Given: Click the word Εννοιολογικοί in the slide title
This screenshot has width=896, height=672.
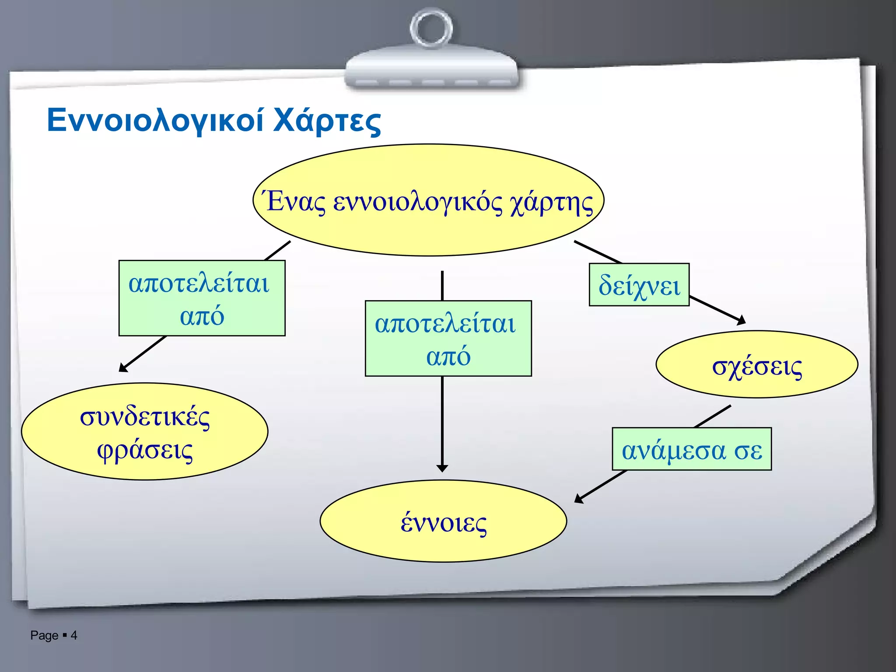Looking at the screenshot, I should point(155,120).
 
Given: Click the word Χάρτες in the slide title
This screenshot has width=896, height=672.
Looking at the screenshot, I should point(327,121).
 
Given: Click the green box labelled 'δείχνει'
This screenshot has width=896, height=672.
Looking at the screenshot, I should point(639,285).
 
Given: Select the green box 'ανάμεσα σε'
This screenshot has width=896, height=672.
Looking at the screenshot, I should point(692,449).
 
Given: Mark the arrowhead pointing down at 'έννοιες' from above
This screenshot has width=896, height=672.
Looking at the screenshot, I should point(442,468).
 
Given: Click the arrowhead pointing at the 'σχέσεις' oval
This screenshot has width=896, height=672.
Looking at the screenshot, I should point(741,321).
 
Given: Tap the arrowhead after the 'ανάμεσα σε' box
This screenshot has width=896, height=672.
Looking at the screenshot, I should point(578,499).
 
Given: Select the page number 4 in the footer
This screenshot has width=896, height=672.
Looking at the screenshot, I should point(74,635).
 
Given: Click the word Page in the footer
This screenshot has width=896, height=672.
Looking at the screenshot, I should point(44,635).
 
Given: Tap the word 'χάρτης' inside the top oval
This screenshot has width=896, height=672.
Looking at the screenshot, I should point(551,203).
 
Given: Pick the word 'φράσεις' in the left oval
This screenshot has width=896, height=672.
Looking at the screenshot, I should point(145,450).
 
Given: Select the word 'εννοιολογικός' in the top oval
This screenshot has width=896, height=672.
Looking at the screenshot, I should point(417,203).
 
